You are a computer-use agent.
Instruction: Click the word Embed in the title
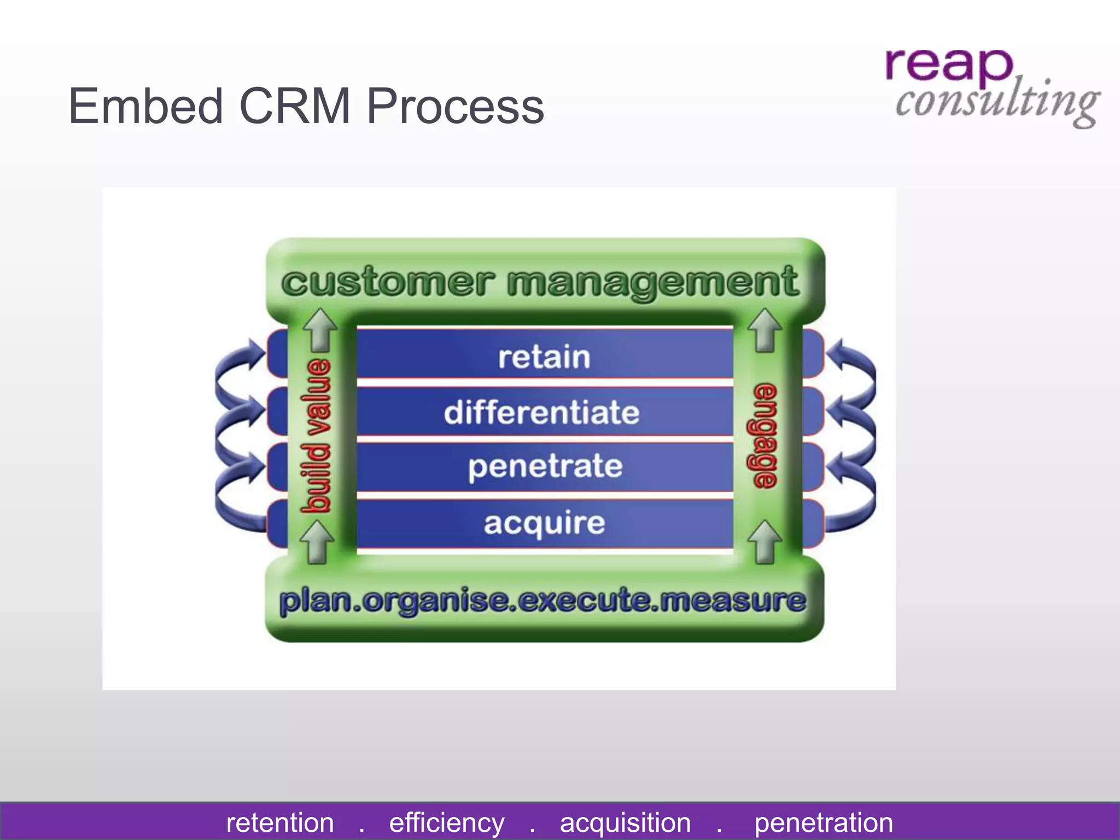(145, 106)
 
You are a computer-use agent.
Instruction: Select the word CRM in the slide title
(294, 106)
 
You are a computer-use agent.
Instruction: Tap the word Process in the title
(455, 106)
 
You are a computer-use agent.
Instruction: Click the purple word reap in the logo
(949, 65)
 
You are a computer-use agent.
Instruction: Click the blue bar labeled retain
(544, 357)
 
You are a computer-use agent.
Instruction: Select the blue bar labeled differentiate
(541, 412)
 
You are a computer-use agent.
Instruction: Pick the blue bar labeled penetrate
(545, 466)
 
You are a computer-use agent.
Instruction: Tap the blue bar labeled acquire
(544, 523)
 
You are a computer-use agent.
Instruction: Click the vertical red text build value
(316, 436)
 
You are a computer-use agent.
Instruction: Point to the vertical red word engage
(766, 436)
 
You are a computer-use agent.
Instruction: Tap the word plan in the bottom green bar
(314, 602)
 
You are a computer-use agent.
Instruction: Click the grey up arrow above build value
(320, 329)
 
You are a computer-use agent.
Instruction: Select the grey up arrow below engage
(764, 541)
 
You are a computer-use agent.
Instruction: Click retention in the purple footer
(280, 822)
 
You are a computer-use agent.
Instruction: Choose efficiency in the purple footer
(447, 822)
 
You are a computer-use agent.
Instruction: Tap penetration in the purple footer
(823, 822)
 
